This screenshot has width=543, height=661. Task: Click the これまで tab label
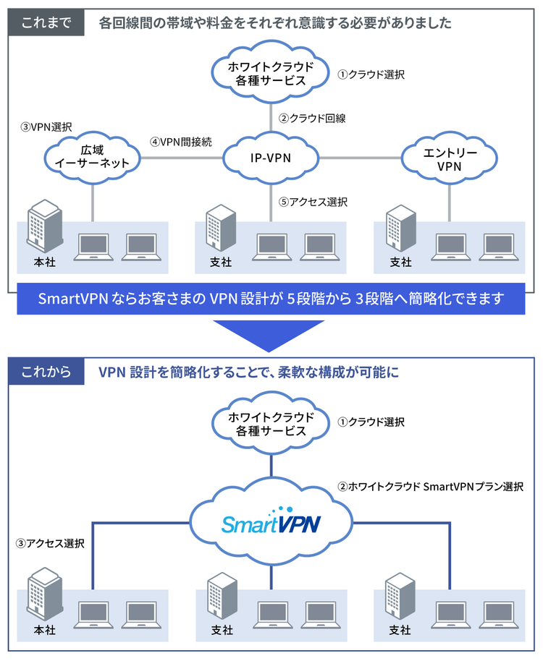click(x=46, y=22)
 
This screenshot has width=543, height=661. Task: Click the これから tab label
click(x=46, y=372)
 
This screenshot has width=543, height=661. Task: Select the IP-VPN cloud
click(x=270, y=155)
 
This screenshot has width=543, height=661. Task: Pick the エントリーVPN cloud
click(x=450, y=155)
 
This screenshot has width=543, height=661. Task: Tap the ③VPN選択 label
click(x=46, y=127)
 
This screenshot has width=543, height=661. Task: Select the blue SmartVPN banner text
click(x=271, y=298)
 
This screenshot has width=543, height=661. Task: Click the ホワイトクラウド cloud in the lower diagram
click(x=271, y=424)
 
